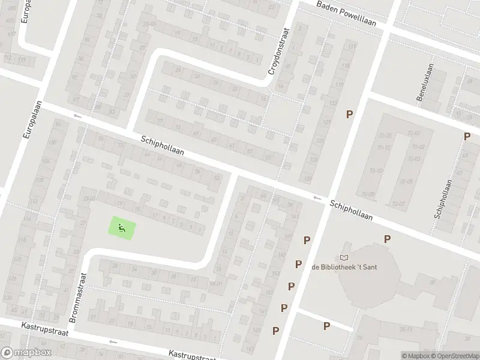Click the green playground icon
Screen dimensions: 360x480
click(122, 227)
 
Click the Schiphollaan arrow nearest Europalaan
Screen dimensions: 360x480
click(76, 115)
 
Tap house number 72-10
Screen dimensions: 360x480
click(376, 170)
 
